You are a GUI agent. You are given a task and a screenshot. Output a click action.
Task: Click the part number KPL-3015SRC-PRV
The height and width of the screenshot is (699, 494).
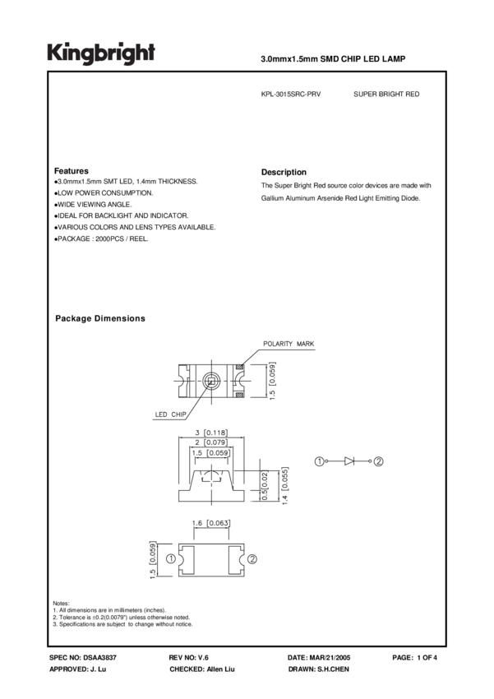[290, 95]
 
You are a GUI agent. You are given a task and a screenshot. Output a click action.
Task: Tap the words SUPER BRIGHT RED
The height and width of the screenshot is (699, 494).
[386, 95]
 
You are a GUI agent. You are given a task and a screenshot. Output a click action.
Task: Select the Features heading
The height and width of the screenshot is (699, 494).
[71, 170]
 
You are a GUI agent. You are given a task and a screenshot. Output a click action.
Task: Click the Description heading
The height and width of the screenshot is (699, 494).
[284, 172]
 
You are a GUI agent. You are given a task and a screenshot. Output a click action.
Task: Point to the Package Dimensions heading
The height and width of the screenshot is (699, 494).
[99, 318]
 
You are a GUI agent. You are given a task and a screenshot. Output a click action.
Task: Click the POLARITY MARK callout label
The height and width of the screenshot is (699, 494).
[288, 343]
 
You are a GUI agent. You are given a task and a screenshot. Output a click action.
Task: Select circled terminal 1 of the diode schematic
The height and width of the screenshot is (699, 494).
[318, 461]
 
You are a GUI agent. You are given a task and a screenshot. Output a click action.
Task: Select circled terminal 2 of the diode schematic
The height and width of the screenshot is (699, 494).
[378, 461]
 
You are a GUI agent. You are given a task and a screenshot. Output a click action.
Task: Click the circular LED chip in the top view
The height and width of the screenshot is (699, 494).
[210, 381]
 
